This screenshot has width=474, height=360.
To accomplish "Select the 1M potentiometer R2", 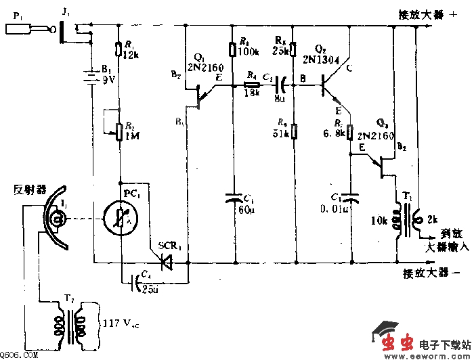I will [121, 129].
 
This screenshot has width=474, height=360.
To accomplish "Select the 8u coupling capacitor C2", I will [277, 86].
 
